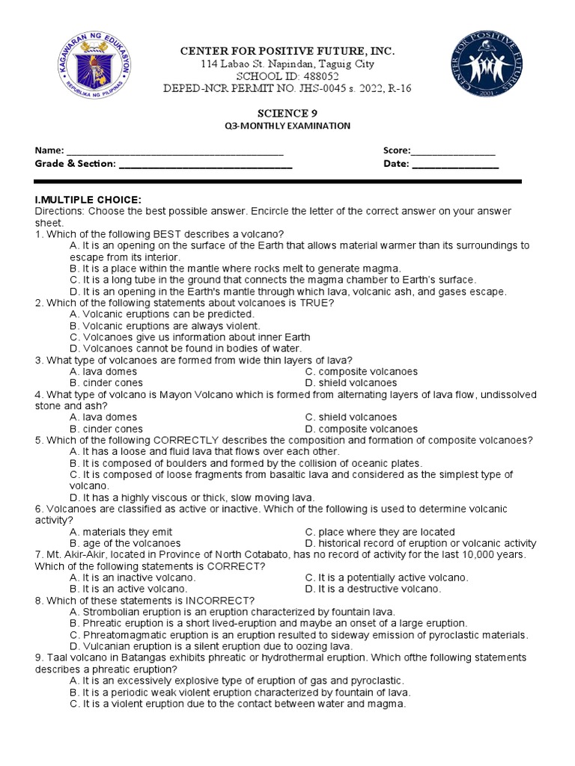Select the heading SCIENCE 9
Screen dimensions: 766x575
(287, 113)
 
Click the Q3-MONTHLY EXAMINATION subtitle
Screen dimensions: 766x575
(287, 126)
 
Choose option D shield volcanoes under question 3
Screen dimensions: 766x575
(350, 383)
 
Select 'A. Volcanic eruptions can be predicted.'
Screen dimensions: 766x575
(162, 314)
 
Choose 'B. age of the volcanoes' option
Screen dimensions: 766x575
(125, 543)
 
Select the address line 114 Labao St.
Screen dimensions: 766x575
(287, 64)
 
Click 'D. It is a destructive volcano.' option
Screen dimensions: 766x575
(373, 589)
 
